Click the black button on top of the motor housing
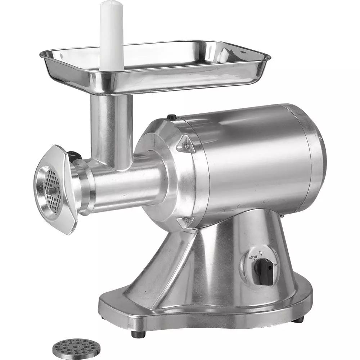172,117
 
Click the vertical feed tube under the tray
111,130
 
